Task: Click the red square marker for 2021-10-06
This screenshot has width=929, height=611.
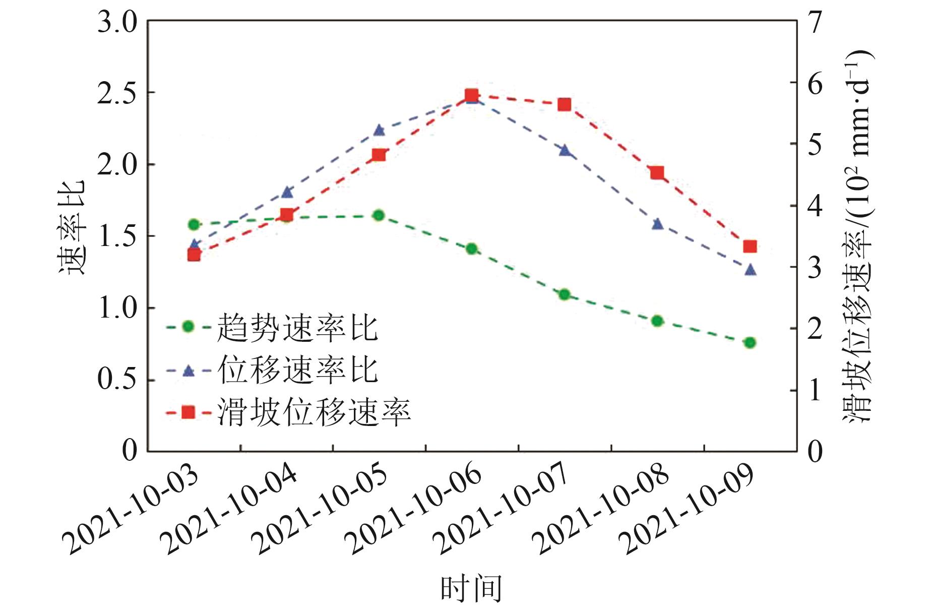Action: pyautogui.click(x=471, y=95)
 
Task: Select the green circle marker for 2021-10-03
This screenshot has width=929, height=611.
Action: pyautogui.click(x=194, y=224)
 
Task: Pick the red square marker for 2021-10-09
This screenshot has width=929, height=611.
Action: pyautogui.click(x=750, y=247)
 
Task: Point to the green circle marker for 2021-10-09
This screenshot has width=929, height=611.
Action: pyautogui.click(x=750, y=343)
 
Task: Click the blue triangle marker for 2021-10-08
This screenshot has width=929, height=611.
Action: pyautogui.click(x=657, y=224)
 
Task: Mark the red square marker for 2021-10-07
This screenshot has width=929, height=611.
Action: pyautogui.click(x=565, y=105)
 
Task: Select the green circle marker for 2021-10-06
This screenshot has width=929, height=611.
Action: pyautogui.click(x=471, y=249)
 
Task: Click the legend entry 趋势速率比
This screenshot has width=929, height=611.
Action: pyautogui.click(x=297, y=327)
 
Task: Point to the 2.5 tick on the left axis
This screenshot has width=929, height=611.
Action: pyautogui.click(x=117, y=93)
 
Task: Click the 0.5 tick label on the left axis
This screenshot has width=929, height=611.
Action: pyautogui.click(x=117, y=379)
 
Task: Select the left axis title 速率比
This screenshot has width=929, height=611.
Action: pyautogui.click(x=71, y=227)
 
